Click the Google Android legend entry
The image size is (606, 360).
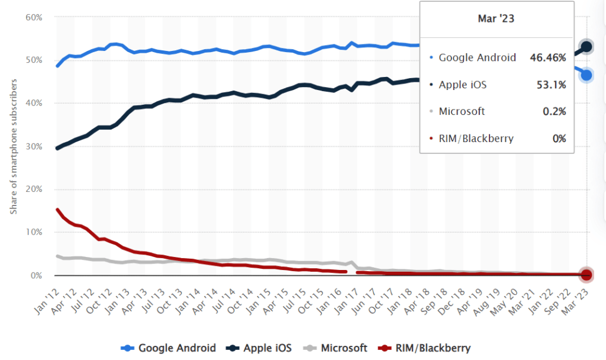click(168, 348)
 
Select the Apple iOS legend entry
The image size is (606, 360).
click(260, 348)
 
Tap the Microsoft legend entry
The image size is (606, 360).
click(337, 348)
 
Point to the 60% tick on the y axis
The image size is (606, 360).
click(34, 17)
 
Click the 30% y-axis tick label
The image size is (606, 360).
click(34, 146)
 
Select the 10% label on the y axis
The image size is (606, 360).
click(34, 232)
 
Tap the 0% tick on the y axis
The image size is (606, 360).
click(36, 275)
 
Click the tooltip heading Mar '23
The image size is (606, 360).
click(496, 19)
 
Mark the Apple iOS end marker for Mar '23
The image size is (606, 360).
click(586, 47)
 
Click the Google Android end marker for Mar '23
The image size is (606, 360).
click(586, 75)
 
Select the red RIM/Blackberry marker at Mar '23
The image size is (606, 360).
click(586, 275)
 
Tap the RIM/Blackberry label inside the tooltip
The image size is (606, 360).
click(476, 139)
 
